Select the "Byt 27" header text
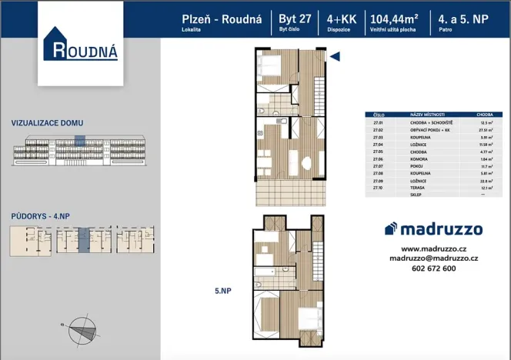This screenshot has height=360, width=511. click(x=296, y=21)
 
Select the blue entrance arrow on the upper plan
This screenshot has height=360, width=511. click(x=336, y=55)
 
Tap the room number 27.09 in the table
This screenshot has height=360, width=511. click(x=377, y=180)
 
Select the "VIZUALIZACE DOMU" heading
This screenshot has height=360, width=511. click(x=47, y=123)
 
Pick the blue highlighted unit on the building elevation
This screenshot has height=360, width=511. click(x=78, y=140)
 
